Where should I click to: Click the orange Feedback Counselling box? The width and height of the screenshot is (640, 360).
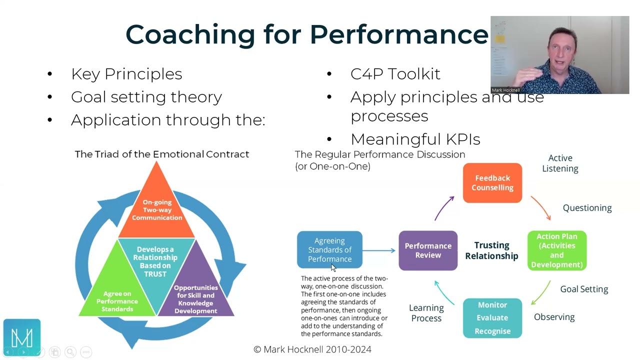[x=492, y=183]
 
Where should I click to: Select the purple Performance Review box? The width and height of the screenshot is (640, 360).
[x=428, y=250]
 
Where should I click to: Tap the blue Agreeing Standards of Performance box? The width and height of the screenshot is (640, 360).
[x=329, y=249]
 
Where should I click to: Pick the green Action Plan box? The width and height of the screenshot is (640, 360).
[x=556, y=250]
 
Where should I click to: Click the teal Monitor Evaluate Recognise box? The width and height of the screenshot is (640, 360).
[x=492, y=318]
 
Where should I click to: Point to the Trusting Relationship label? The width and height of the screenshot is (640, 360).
[x=491, y=250]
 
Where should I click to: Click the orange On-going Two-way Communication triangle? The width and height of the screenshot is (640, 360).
[x=156, y=210]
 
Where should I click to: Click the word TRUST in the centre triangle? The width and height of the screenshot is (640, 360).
[x=155, y=273]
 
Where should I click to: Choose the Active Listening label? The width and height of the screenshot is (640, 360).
[x=560, y=163]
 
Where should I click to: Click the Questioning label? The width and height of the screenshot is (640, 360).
[x=587, y=208]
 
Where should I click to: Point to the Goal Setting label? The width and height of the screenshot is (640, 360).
[x=584, y=289]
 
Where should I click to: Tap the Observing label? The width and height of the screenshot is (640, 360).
[x=554, y=317]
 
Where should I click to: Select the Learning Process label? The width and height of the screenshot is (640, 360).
[x=426, y=313]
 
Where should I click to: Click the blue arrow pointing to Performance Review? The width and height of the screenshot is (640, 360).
[x=380, y=250]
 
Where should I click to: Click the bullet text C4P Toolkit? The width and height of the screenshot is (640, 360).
[x=395, y=74]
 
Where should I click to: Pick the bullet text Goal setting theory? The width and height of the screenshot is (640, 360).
[x=146, y=97]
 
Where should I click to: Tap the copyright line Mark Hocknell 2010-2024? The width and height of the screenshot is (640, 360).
[x=312, y=349]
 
